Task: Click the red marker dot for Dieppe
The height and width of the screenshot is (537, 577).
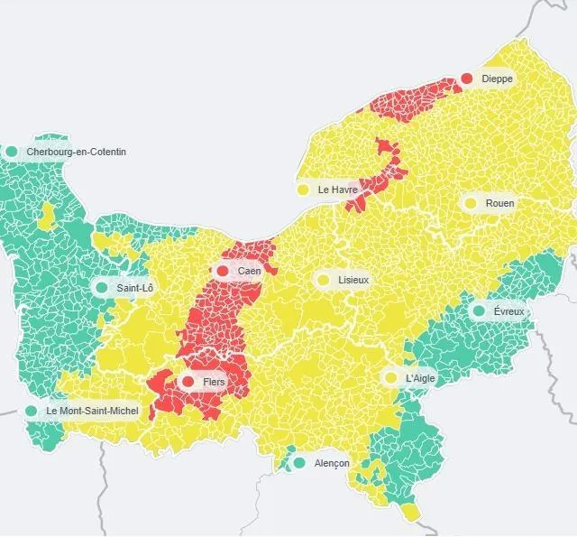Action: click(x=467, y=79)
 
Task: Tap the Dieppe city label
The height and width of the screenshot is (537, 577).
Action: click(x=497, y=79)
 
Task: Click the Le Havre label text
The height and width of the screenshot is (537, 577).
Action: click(x=338, y=190)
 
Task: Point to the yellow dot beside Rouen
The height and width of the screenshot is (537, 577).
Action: click(x=470, y=203)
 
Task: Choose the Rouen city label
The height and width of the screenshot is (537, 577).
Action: click(x=499, y=204)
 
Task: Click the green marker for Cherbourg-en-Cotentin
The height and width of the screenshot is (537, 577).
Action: click(x=12, y=152)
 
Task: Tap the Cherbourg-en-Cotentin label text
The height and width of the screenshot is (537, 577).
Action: click(x=76, y=153)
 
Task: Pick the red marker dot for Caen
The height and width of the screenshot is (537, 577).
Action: click(x=222, y=270)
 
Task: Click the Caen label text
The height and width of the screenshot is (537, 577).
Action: click(x=250, y=271)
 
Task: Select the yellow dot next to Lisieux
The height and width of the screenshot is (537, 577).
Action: click(x=323, y=280)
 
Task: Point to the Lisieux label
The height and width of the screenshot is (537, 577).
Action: click(x=353, y=281)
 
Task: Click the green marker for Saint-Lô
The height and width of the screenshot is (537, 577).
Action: click(x=101, y=288)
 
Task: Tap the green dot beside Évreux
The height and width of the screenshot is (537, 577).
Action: click(x=479, y=311)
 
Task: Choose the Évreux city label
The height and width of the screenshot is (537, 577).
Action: click(x=508, y=312)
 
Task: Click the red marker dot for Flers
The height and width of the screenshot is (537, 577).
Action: click(x=188, y=382)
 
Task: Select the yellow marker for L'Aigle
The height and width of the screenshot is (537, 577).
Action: click(x=390, y=377)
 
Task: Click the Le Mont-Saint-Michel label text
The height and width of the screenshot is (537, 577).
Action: click(x=92, y=412)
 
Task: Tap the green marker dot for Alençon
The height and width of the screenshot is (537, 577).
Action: click(x=299, y=463)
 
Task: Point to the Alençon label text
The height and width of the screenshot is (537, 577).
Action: click(x=332, y=464)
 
